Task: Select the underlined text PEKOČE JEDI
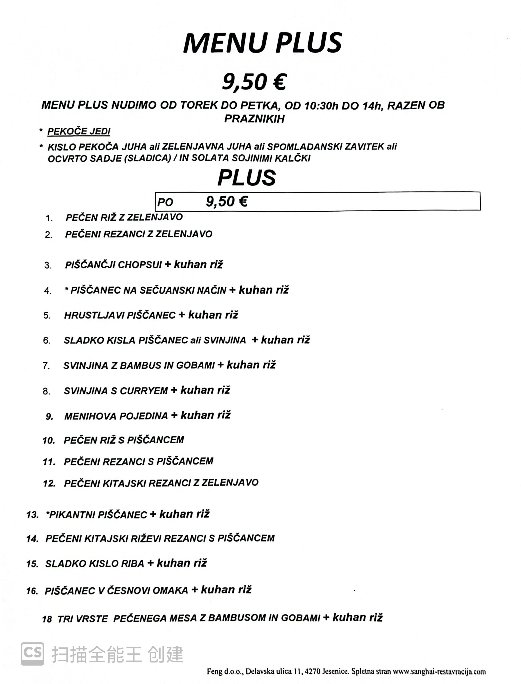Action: click(x=79, y=131)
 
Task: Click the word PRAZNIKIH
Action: click(x=254, y=119)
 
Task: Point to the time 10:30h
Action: click(x=321, y=106)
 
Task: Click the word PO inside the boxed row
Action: click(x=165, y=203)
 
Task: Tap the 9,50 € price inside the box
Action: click(x=227, y=202)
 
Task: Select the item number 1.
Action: click(x=49, y=219)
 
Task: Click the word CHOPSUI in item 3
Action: click(x=139, y=265)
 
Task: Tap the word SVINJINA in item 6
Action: click(x=224, y=340)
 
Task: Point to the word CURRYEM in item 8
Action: click(x=143, y=391)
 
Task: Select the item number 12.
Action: click(x=49, y=484)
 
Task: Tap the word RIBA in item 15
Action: click(x=132, y=564)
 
